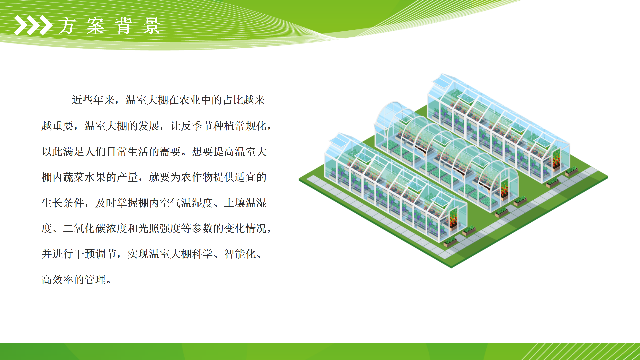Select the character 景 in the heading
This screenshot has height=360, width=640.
(x=152, y=26)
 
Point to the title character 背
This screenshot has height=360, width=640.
(x=124, y=26)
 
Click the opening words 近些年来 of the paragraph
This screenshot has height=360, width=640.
(x=93, y=100)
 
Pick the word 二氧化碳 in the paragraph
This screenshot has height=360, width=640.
(x=84, y=228)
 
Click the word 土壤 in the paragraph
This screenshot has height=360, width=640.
(x=235, y=203)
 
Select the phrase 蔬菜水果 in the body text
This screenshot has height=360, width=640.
(x=84, y=177)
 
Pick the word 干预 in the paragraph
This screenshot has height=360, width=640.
(x=84, y=254)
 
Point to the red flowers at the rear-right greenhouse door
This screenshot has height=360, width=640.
(x=556, y=160)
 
